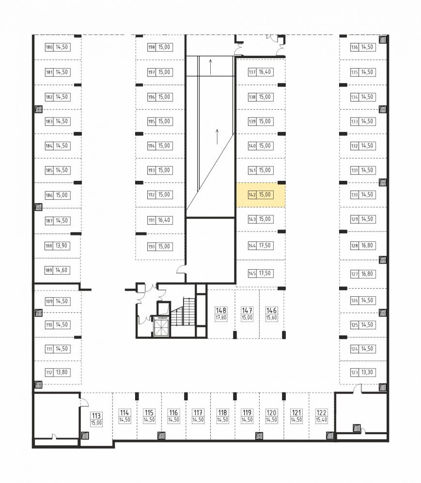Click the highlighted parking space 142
coord(261,195)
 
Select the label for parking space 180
coord(58,47)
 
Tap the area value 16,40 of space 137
coord(265,72)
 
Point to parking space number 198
coord(151,47)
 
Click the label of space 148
coord(221,314)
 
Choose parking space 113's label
coord(96,419)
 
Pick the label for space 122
coord(321,416)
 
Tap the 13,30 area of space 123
coord(367,372)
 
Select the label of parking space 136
coord(363,47)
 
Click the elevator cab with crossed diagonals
coord(161,327)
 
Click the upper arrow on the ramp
coord(210,67)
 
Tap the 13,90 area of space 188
coord(61,246)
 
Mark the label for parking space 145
coord(261,273)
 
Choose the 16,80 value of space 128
coord(367,246)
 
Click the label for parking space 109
coord(58,301)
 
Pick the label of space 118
coord(222,416)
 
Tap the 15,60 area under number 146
coord(271,318)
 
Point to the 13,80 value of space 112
coord(62,372)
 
